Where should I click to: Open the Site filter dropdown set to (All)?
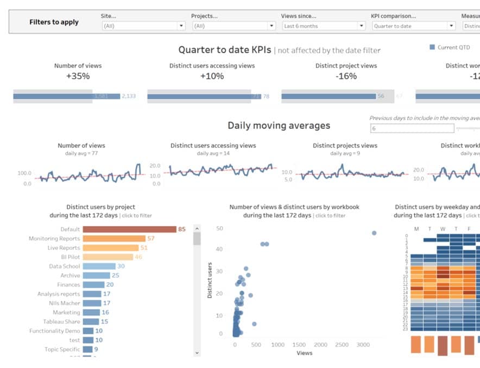coord(143,26)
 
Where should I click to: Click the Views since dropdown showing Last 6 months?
coord(323,26)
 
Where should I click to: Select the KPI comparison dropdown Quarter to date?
coord(413,26)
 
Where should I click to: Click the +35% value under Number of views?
coord(78,76)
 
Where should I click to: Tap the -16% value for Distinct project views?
coord(346,76)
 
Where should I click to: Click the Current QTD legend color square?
coord(432,47)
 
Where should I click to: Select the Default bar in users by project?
coord(129,229)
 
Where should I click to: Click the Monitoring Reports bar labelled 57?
coord(114,239)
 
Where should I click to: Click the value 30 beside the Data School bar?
coord(121,266)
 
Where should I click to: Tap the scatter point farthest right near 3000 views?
coord(374,233)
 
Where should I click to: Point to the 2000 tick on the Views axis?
coord(320,345)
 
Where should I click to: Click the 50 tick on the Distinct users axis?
coord(219,228)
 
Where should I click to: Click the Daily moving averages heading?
coord(279,126)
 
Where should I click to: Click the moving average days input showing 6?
coord(412,128)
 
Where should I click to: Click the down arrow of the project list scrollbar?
coord(197,353)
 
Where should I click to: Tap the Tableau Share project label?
coord(61,322)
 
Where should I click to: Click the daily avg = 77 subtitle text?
coord(81,153)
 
